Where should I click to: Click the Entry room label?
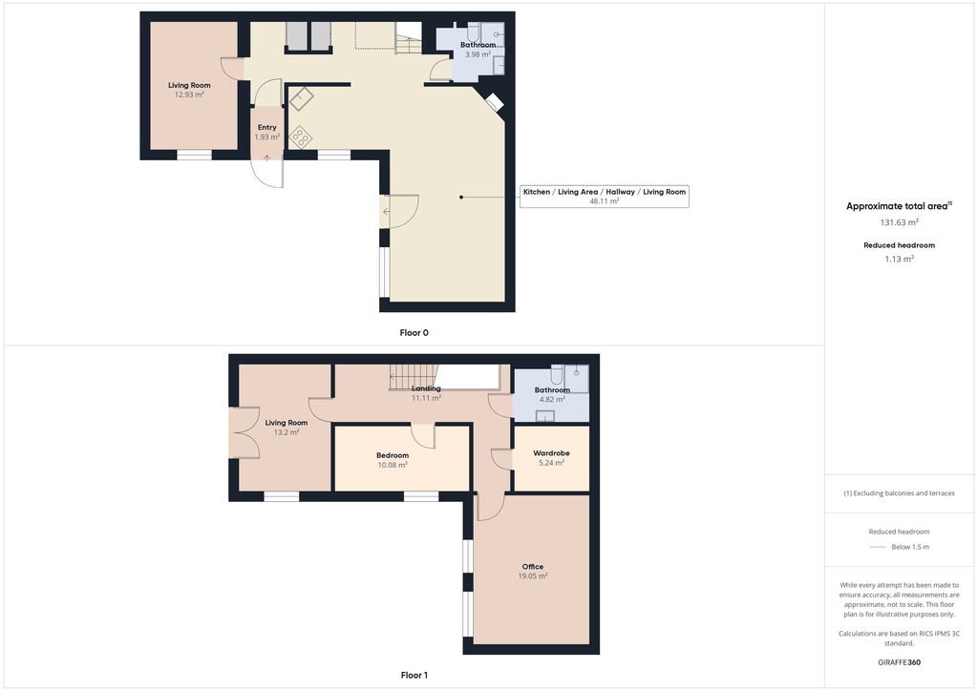(x=267, y=127)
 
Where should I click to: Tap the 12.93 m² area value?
(x=189, y=94)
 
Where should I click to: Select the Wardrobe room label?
(x=551, y=453)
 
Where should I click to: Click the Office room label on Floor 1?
(x=533, y=566)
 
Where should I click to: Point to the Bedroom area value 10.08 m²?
(x=393, y=465)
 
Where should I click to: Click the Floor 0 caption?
(x=415, y=333)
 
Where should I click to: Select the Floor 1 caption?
(x=415, y=675)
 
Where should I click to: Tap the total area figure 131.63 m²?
(x=899, y=222)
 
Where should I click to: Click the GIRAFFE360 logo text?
(x=899, y=662)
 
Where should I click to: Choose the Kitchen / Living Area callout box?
(x=605, y=197)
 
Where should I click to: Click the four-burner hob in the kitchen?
(x=301, y=137)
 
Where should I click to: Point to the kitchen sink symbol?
(x=301, y=99)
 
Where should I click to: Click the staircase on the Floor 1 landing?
(x=412, y=378)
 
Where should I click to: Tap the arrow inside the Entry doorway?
(x=267, y=158)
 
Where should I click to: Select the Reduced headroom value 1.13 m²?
(x=899, y=260)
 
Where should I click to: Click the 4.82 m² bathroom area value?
(x=552, y=399)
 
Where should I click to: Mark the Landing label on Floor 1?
(x=426, y=388)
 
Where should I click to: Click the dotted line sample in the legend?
(x=878, y=547)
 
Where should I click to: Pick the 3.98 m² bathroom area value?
(x=478, y=54)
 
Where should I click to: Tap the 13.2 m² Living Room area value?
(x=287, y=431)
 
